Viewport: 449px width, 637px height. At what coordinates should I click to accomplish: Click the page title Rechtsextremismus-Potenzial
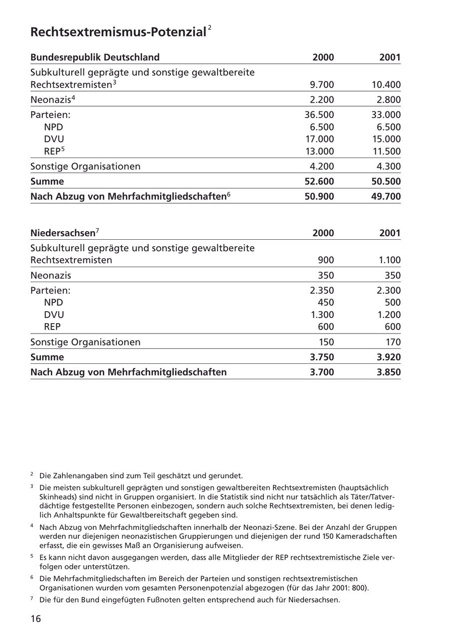coord(118,32)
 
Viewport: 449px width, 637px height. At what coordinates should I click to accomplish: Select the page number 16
coord(36,619)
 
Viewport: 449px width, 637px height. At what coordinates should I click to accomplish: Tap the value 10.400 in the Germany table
coord(386,85)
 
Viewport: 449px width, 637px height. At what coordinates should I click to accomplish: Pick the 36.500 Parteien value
coord(319,115)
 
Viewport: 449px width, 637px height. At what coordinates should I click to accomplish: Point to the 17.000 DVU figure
coord(319,139)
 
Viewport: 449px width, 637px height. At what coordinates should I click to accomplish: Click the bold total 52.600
coord(319,181)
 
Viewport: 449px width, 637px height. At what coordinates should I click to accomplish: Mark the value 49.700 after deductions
coord(386,196)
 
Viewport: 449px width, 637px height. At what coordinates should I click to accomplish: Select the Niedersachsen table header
coord(63,233)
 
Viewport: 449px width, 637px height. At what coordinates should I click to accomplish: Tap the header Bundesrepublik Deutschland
coord(95,57)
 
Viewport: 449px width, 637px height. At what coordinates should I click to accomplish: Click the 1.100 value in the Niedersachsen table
coord(389,260)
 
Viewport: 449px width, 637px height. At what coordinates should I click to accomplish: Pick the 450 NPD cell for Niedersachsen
coord(326,303)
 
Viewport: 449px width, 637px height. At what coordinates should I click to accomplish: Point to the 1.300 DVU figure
coord(322,315)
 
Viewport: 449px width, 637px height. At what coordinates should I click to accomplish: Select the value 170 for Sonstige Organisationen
coord(392,342)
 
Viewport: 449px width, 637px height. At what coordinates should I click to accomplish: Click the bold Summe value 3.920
coord(389,357)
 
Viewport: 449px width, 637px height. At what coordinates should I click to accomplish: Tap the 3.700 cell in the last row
coord(322,372)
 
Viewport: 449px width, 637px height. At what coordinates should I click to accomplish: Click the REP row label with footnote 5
coord(54,151)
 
